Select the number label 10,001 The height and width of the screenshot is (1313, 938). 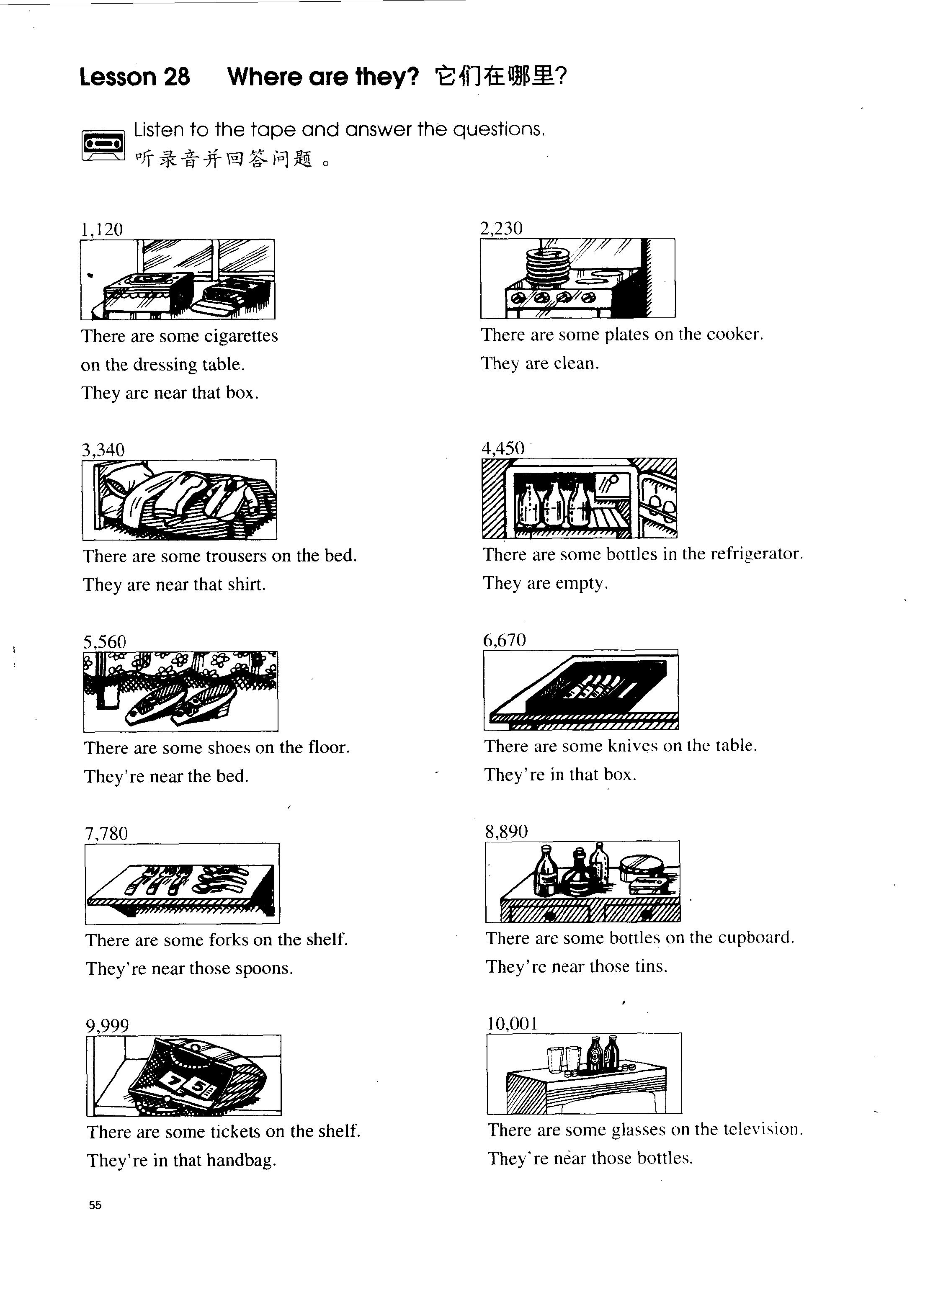tap(512, 1024)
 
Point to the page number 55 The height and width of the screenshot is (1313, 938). tap(95, 1205)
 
